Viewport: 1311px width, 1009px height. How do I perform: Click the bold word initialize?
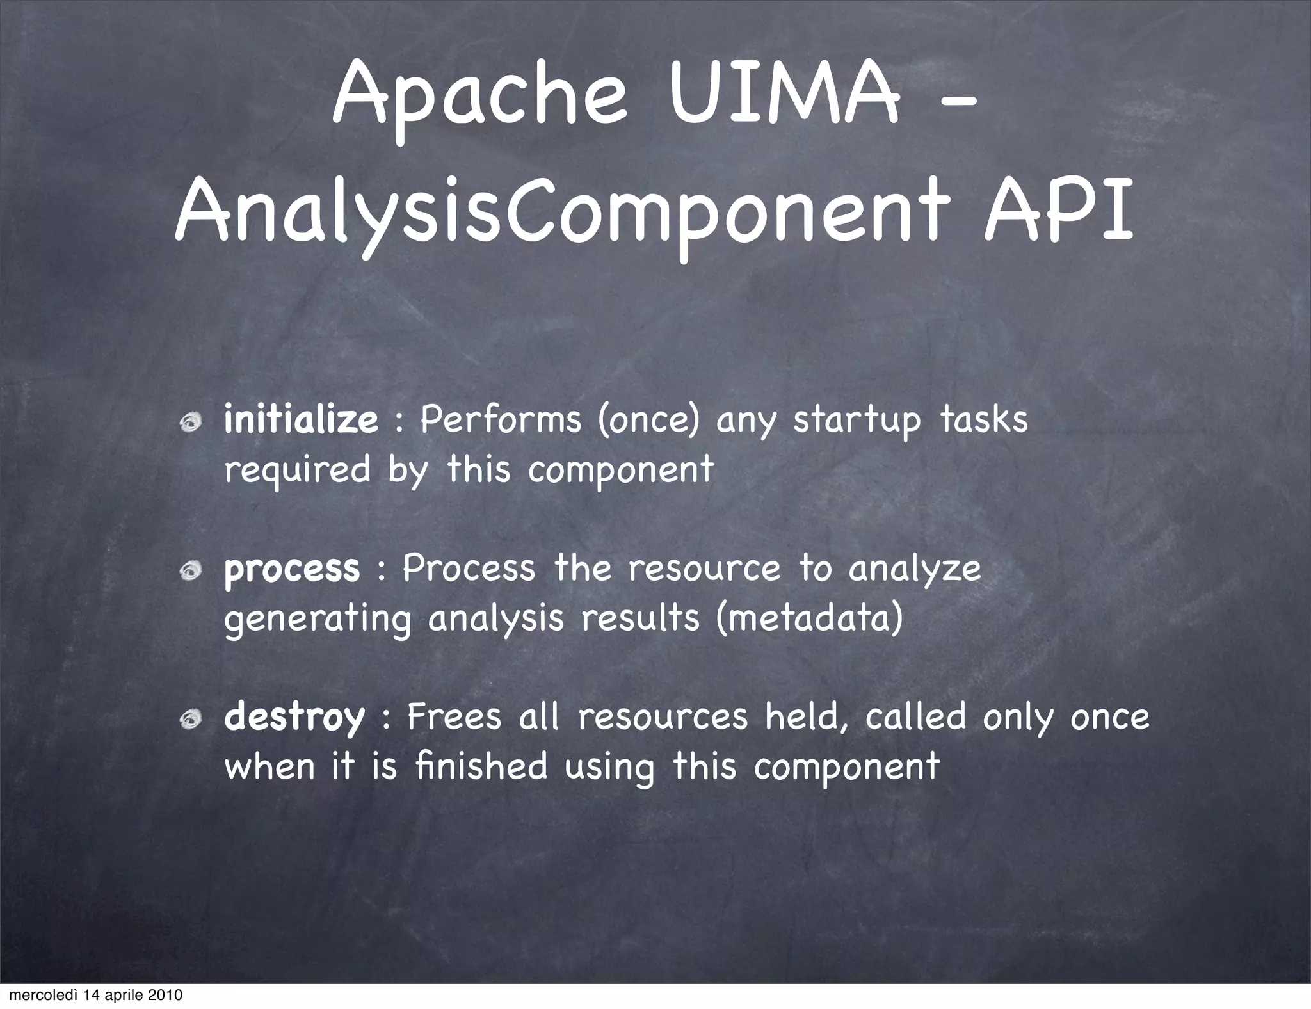point(301,421)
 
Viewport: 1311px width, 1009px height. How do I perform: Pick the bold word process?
point(292,569)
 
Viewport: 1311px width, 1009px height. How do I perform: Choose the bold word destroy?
point(294,716)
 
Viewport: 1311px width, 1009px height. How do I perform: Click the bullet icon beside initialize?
point(190,423)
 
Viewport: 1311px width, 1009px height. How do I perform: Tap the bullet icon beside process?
point(190,571)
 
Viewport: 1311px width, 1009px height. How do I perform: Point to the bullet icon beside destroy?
point(190,720)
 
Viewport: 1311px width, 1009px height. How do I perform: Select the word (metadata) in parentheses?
point(810,618)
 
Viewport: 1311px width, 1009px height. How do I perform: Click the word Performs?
point(501,421)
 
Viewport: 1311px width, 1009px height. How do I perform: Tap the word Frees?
point(454,716)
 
